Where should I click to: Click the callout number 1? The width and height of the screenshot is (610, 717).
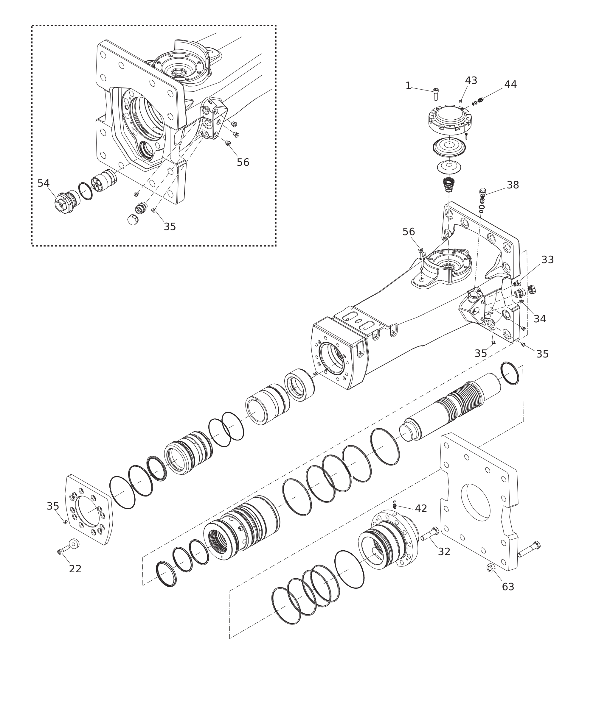(408, 86)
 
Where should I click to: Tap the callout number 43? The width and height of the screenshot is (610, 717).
(471, 80)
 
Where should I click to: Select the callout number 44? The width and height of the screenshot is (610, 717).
(510, 84)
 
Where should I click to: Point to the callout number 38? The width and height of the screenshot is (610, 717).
(513, 185)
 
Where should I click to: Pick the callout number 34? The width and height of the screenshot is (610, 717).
(540, 319)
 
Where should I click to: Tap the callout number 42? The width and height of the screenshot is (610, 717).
(421, 508)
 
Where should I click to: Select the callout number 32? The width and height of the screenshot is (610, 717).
(444, 552)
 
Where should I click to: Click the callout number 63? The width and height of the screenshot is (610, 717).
(508, 587)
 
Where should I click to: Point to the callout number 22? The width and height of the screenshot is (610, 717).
(75, 569)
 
